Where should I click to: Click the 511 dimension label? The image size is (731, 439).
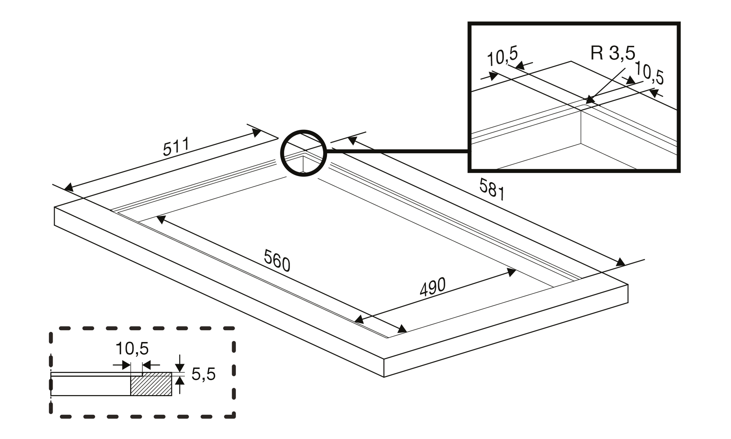(x=176, y=147)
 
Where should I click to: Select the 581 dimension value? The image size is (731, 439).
(x=492, y=189)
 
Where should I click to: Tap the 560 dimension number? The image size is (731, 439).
(x=277, y=260)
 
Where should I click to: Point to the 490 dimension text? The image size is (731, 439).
(x=433, y=287)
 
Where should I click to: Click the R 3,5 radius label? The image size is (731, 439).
(x=613, y=53)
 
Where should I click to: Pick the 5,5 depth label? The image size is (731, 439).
(x=203, y=374)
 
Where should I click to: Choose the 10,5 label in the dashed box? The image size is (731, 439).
(x=132, y=349)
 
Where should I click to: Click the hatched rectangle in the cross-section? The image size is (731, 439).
(x=151, y=384)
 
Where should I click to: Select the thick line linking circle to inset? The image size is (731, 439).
(x=397, y=150)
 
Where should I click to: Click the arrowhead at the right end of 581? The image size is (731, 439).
(x=620, y=262)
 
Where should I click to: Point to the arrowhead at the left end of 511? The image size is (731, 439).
(x=68, y=188)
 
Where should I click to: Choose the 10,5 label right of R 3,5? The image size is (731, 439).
(x=649, y=73)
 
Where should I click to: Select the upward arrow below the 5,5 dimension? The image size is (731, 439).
(x=179, y=382)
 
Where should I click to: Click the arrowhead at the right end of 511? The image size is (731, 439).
(x=257, y=132)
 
